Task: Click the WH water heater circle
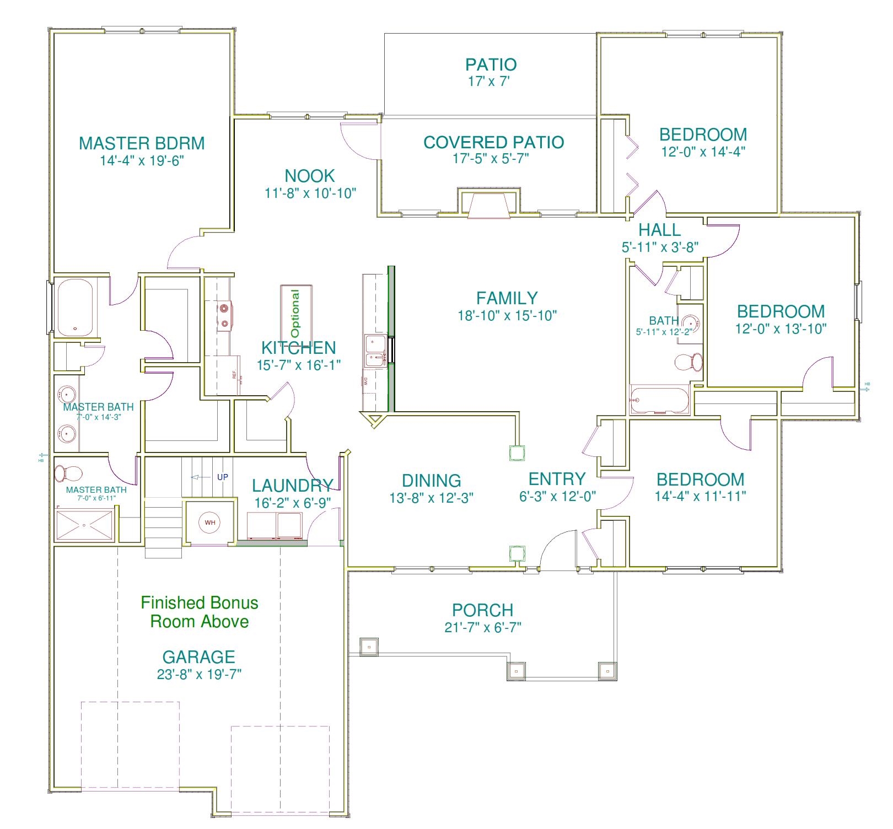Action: (210, 523)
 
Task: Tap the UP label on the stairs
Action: (222, 477)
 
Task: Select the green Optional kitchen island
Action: (297, 314)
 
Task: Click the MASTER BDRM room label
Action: (142, 143)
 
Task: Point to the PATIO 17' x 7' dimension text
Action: (488, 82)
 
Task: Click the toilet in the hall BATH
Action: (689, 362)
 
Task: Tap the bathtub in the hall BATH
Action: (659, 400)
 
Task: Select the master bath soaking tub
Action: (75, 307)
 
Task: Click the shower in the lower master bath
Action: (84, 525)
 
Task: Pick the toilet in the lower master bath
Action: (68, 473)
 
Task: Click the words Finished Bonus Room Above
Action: (200, 612)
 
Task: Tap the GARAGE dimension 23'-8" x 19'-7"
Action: (199, 674)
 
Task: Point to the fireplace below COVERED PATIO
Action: (489, 205)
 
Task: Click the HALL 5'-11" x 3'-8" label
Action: (660, 238)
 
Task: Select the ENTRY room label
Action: (557, 478)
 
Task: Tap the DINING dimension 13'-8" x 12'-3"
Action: (431, 498)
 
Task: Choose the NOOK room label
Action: (310, 176)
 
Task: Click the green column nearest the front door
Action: (517, 553)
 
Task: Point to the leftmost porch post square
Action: (369, 646)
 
